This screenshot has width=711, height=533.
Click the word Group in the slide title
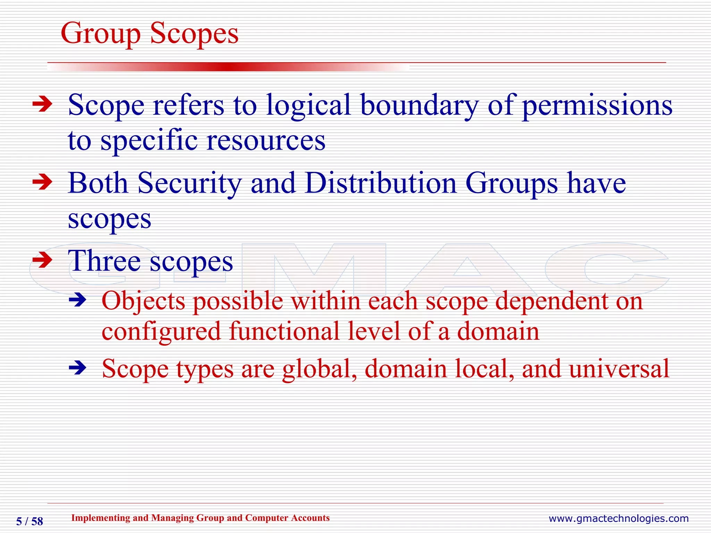[x=101, y=34]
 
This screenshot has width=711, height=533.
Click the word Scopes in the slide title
[x=194, y=34]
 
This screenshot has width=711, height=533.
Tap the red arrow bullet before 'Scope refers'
[x=42, y=104]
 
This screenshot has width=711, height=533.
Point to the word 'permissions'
[x=597, y=105]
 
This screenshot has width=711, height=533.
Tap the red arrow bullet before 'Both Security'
[x=42, y=183]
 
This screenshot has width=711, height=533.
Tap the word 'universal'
[x=619, y=369]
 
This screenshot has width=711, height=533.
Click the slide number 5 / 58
[x=30, y=521]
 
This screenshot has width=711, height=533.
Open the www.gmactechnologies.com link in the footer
[x=618, y=518]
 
